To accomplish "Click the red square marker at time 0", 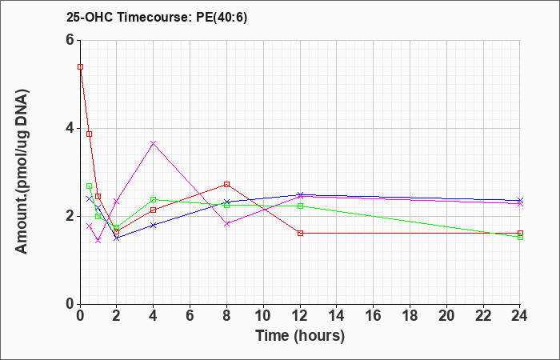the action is click(x=80, y=66).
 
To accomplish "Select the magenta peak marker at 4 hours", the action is click(x=154, y=143).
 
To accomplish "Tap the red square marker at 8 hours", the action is click(x=226, y=184).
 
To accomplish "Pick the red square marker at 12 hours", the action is click(x=300, y=234).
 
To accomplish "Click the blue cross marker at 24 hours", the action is click(x=520, y=200).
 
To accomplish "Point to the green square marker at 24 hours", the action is click(x=520, y=237).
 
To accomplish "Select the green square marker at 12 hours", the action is click(x=300, y=206).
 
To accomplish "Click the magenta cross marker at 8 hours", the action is click(x=226, y=224).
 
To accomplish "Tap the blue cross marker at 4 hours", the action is click(x=154, y=225).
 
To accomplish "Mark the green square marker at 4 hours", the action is click(x=154, y=199).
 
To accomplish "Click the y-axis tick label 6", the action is click(x=70, y=40).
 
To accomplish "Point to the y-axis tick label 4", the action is click(x=70, y=128).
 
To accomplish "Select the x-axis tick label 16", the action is click(x=374, y=316).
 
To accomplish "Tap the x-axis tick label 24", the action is click(x=519, y=316).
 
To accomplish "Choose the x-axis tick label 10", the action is click(x=263, y=316).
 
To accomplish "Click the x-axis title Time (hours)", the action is click(x=300, y=336).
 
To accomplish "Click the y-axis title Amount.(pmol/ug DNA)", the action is click(x=22, y=171).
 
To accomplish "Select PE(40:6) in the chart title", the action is click(x=222, y=18).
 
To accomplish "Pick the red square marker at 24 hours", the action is click(x=520, y=234).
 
